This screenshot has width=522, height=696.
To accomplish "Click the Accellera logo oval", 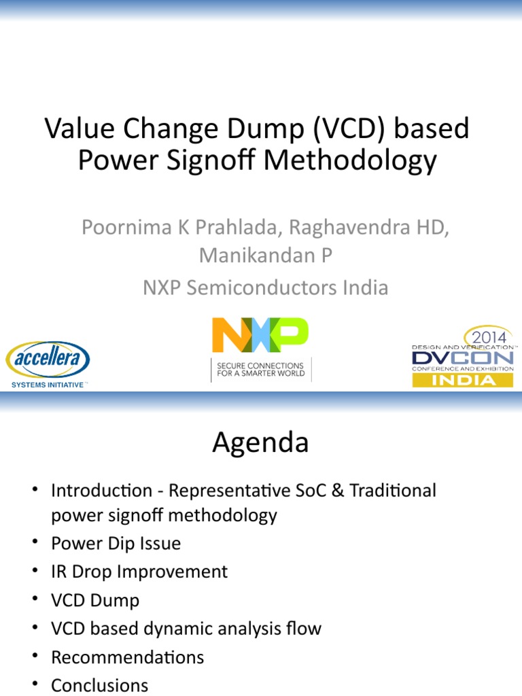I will [x=48, y=361].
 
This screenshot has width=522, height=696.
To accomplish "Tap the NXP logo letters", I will [x=260, y=335].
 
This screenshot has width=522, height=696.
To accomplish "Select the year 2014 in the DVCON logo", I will [x=485, y=336].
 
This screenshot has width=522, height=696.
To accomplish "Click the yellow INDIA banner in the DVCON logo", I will [x=463, y=380].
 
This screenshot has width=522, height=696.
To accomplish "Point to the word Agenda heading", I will [x=260, y=443].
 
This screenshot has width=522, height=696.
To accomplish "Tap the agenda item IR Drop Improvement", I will [x=139, y=572].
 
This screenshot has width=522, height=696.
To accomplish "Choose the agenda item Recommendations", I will [x=127, y=657].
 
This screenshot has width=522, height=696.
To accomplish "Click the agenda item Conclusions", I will [x=99, y=685].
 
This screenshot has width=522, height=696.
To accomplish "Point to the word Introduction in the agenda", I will [x=102, y=490].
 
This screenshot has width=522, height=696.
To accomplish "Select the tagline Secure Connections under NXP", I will [x=260, y=370].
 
